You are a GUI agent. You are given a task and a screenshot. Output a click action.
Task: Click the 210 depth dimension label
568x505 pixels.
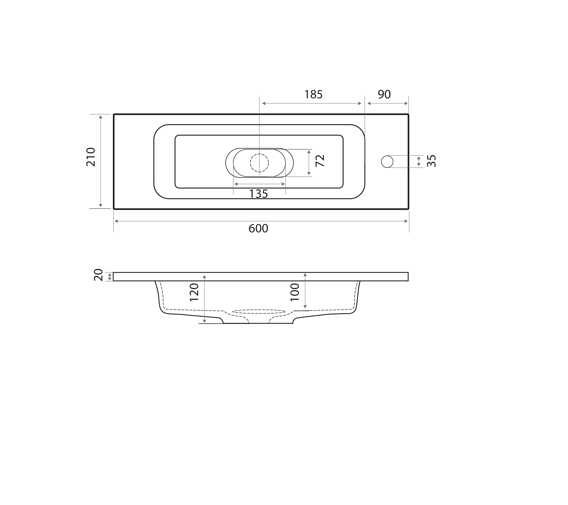91,157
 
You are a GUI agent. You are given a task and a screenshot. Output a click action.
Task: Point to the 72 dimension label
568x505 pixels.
320,161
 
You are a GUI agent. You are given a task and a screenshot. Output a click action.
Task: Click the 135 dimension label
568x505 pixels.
258,194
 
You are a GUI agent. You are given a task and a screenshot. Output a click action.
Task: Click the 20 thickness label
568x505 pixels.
98,275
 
